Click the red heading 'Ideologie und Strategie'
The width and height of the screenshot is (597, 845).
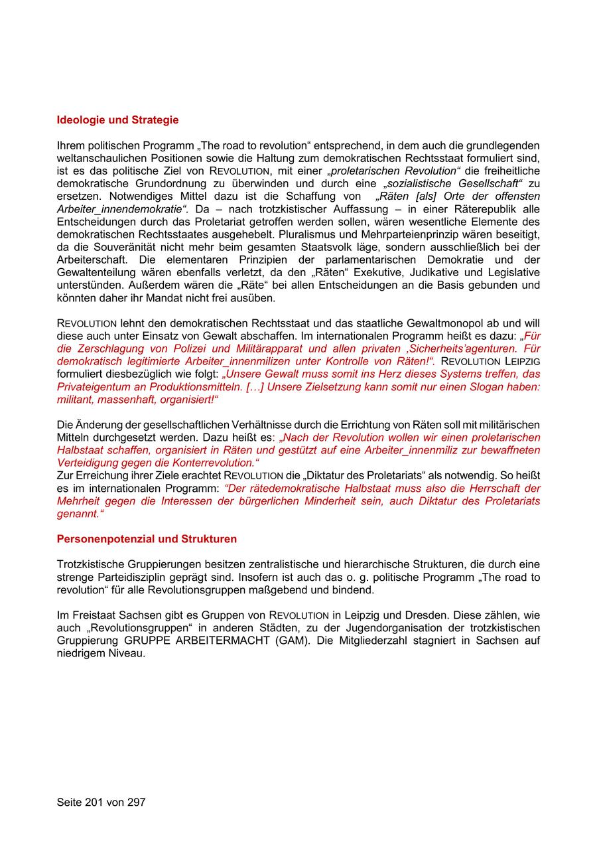(117, 120)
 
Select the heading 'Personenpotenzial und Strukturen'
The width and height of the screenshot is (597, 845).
(147, 538)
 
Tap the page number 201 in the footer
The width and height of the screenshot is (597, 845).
(95, 802)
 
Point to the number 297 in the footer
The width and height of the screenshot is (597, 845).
(135, 802)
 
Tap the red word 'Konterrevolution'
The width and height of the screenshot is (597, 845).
(216, 463)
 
